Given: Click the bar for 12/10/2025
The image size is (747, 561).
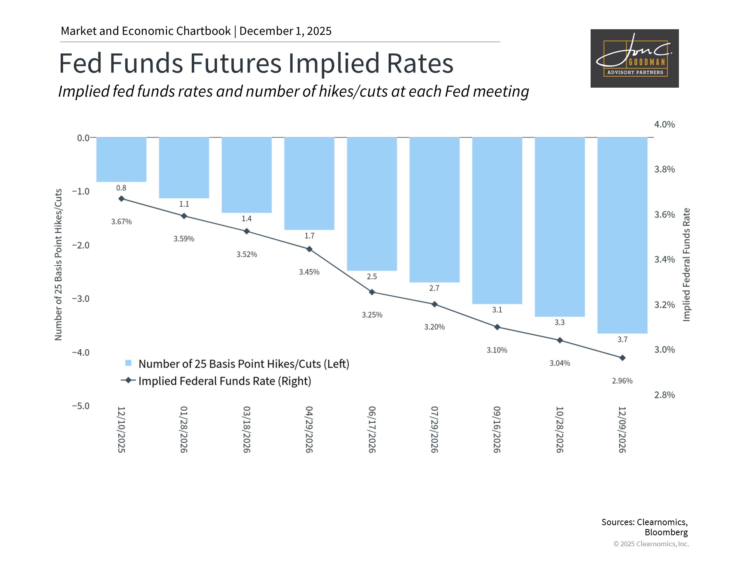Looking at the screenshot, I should [x=121, y=159].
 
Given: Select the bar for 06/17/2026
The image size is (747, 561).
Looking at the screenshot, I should [x=372, y=204].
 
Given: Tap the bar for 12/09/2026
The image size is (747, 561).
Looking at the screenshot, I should [x=622, y=235].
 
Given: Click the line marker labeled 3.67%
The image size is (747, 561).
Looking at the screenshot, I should [x=121, y=199].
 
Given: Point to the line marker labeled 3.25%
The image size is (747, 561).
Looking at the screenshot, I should [x=372, y=292].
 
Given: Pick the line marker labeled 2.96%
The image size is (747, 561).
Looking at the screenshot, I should [x=622, y=358].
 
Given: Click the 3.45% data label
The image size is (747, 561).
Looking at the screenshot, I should [x=309, y=272].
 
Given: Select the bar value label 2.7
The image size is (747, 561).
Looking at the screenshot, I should [x=434, y=288].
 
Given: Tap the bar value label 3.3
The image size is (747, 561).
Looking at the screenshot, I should [x=559, y=323].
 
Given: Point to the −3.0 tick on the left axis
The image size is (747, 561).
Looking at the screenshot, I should [x=81, y=299].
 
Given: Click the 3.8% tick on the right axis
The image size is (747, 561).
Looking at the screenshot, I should [x=665, y=169].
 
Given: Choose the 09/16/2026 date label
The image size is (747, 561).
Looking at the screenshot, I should [x=497, y=429].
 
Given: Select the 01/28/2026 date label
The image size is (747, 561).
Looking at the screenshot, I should [x=184, y=429].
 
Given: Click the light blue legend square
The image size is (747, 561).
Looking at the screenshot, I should [x=128, y=363].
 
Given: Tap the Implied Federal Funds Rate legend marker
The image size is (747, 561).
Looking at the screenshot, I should [x=128, y=381].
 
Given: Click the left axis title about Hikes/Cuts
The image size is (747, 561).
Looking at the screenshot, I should [x=58, y=265].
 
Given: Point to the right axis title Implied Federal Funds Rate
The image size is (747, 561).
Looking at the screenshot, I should [x=687, y=265].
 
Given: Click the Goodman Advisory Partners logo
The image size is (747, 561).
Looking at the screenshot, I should [x=635, y=58].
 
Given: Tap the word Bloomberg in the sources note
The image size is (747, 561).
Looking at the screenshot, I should [x=666, y=532].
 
